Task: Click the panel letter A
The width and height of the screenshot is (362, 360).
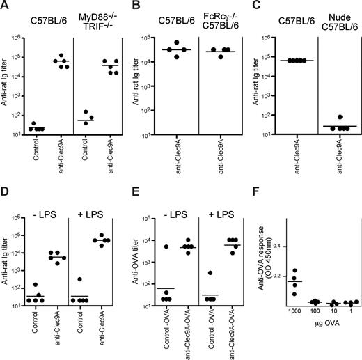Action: click(5, 6)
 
